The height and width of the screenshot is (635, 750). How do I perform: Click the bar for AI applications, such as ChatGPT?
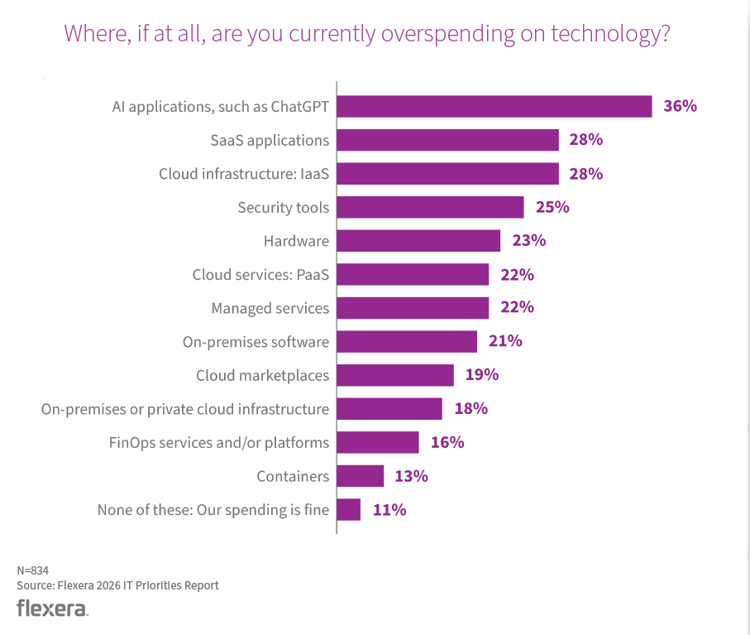pos(494,107)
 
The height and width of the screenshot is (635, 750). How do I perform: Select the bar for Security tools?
pos(431,207)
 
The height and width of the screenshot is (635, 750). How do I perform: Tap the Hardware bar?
pos(419,241)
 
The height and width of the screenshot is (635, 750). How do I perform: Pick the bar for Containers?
pos(361,476)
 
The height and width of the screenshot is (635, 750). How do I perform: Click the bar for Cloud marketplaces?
pos(396,375)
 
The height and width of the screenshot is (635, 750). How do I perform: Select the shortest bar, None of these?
pos(349,509)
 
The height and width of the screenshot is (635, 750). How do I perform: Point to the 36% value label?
pos(680,106)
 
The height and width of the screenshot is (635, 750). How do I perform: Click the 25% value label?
pos(552,207)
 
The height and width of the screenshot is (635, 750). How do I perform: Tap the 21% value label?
pos(504,341)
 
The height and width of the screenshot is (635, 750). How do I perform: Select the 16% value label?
pos(447,442)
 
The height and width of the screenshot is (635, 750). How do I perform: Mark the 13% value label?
pos(411,476)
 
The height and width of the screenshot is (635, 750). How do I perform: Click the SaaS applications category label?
pos(270,140)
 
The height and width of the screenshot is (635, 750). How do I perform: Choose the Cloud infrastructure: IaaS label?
pos(244,174)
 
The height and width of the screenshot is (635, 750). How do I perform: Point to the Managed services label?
pos(270,308)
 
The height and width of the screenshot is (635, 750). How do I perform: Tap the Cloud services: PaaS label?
pos(260,274)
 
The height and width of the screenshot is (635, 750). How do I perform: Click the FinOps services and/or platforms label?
pos(219,442)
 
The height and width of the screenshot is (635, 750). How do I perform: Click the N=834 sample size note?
pos(32,570)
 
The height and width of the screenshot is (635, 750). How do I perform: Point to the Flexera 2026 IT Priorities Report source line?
pos(117,585)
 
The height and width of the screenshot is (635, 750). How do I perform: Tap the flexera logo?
pos(51,609)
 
